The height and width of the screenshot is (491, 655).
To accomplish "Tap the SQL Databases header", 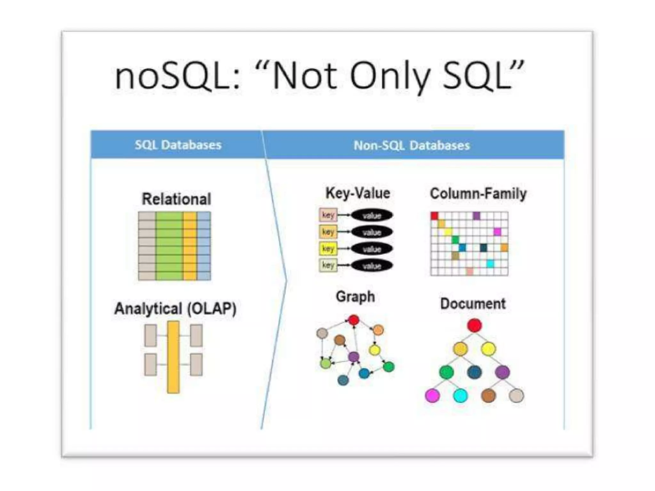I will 178,145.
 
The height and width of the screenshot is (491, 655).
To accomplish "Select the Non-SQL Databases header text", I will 412,145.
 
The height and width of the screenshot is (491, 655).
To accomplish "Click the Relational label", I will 176,199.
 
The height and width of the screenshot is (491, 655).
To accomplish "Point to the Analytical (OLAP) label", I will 175,309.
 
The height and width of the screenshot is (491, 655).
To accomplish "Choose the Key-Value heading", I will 358,193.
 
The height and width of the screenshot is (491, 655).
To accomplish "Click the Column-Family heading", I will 478,193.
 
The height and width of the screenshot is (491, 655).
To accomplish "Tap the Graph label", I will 355,297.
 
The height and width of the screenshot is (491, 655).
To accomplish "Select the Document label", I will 473,304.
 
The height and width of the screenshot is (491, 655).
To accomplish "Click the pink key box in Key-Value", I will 328,215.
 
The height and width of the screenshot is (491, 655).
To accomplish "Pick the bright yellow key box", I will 328,248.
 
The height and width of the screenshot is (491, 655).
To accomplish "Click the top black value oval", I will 372,216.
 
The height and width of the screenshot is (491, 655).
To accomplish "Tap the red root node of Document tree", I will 474,325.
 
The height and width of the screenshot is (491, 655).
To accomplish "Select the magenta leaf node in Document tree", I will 432,396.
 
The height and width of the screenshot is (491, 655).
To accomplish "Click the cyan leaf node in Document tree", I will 460,396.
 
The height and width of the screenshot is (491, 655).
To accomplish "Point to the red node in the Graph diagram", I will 353,320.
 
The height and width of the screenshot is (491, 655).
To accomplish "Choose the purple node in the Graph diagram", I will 353,356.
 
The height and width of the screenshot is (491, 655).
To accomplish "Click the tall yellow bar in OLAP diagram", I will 173,357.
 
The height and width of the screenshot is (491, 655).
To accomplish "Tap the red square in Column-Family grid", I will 434,216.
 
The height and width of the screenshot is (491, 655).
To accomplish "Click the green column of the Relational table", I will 169,246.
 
